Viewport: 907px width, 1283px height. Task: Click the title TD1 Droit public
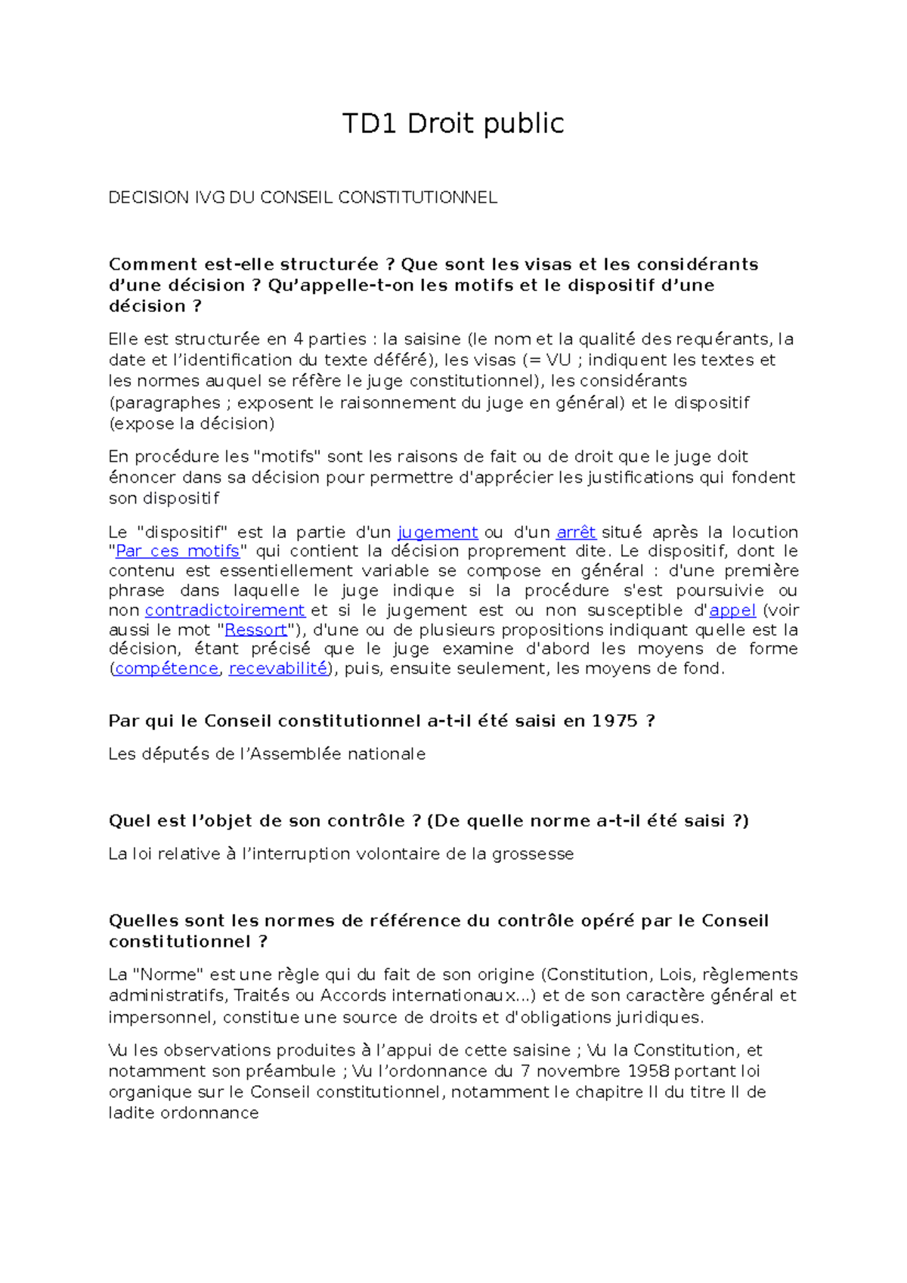point(453,123)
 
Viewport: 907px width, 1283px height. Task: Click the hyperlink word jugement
point(438,532)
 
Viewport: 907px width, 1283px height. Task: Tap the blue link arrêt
point(576,532)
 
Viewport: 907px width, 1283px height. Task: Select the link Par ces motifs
point(177,552)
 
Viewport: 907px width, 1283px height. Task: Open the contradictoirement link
point(224,610)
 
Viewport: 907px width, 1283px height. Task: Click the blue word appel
point(732,610)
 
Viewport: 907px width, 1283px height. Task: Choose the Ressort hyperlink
point(256,629)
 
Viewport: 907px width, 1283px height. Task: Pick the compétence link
point(166,669)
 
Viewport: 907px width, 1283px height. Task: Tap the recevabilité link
point(277,669)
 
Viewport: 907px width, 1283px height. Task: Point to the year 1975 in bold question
point(614,721)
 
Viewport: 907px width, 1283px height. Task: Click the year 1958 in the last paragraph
point(648,1071)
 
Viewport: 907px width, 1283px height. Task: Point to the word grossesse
point(533,854)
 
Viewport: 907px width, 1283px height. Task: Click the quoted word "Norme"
point(169,975)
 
